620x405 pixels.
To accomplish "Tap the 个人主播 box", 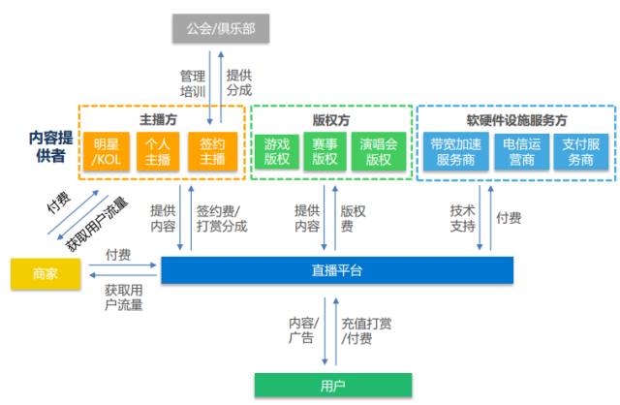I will click(158, 152).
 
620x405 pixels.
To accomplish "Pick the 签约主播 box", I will click(212, 152).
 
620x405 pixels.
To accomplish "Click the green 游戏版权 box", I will click(277, 152).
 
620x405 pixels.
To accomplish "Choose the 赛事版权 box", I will click(325, 152).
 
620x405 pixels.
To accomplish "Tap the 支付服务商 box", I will click(581, 152).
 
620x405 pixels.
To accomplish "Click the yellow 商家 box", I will click(44, 272).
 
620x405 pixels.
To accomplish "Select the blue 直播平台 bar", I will click(336, 270).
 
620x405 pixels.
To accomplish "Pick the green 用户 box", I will click(331, 385).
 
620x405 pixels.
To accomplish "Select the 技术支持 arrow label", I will click(462, 218).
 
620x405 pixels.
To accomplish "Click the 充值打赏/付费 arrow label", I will click(366, 330).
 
